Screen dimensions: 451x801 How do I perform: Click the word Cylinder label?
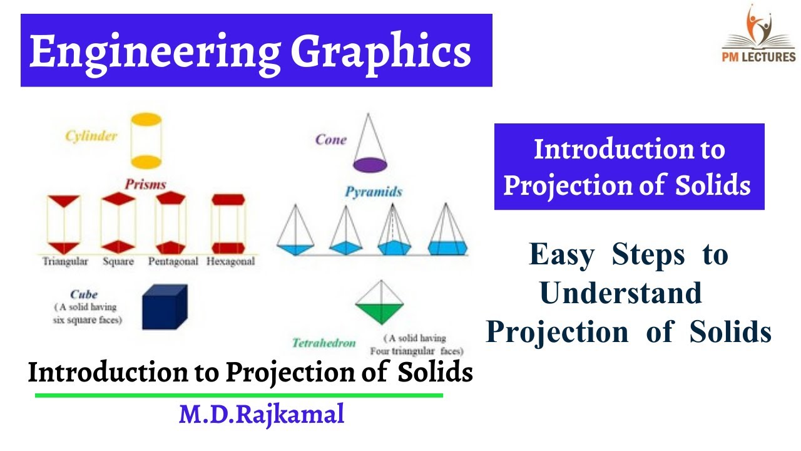91,136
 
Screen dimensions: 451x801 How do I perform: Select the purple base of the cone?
370,165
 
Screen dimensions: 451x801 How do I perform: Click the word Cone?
331,140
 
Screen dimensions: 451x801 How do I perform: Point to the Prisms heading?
145,184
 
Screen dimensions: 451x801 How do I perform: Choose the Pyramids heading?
373,192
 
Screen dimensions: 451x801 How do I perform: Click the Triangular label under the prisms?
65,261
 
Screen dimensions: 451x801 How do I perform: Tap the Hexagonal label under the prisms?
231,261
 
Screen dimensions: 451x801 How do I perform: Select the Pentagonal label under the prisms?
173,261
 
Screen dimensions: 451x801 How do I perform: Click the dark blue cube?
164,307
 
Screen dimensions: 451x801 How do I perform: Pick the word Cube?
84,294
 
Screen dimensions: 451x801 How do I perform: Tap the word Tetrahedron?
324,343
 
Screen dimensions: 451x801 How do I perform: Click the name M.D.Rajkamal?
261,414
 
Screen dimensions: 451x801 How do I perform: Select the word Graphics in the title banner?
380,51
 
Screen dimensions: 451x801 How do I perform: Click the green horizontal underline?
238,395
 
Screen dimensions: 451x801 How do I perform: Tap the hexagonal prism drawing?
228,223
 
